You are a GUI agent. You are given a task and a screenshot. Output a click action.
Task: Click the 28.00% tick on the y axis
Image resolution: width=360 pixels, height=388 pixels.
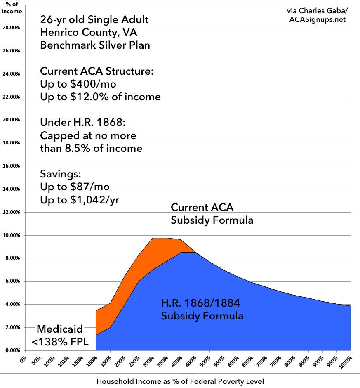tap(12, 28)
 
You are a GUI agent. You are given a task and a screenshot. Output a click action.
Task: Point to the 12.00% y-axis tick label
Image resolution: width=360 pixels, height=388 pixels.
tap(12, 212)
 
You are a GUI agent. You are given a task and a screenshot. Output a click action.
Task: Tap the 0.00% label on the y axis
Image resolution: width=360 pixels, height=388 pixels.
tap(12, 350)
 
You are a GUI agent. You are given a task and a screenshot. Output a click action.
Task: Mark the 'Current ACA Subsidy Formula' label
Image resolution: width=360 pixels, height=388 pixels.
tap(212, 213)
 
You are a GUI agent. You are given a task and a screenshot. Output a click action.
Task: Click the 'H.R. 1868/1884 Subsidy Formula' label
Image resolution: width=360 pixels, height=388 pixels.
tap(202, 310)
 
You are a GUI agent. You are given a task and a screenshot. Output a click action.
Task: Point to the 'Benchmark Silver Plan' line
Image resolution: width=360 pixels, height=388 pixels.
tap(95, 45)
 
